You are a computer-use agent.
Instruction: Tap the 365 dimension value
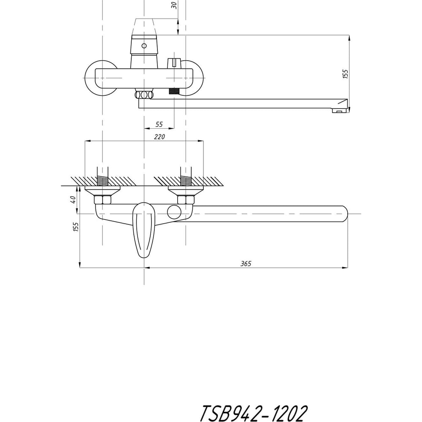point(246,263)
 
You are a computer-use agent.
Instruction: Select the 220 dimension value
point(160,137)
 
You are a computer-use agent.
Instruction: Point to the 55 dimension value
point(160,124)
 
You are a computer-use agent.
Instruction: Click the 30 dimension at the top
point(175,5)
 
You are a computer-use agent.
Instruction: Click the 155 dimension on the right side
point(345,74)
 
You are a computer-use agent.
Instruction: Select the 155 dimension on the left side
point(76,227)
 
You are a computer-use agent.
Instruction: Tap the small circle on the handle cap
point(144,46)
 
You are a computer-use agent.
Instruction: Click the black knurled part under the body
point(173,91)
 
